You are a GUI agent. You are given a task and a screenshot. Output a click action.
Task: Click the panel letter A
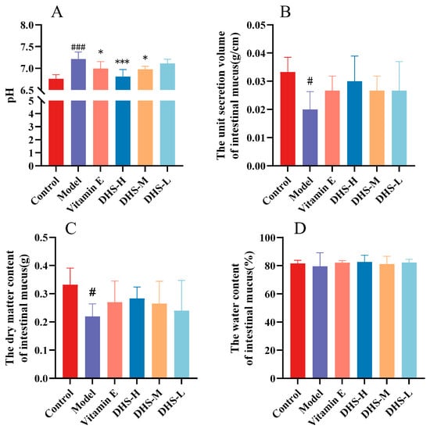coord(57,13)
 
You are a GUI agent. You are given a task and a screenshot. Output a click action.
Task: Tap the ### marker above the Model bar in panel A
coord(78,47)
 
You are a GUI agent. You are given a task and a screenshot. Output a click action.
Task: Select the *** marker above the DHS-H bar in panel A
coord(122,62)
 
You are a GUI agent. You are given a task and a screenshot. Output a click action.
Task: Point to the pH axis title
coord(11,95)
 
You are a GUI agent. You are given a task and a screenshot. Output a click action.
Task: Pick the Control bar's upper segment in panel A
coord(56,84)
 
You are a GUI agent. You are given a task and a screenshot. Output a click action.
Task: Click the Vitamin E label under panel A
coord(85,195)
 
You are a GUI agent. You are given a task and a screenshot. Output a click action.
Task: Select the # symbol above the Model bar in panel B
coord(310,81)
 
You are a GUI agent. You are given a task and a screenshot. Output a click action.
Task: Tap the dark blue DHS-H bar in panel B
coord(354,123)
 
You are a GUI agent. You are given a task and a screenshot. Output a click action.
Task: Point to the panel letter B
coord(285,13)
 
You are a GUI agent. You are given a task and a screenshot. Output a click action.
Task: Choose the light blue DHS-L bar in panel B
coord(399,128)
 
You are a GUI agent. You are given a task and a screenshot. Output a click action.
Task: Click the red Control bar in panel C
coord(70,331)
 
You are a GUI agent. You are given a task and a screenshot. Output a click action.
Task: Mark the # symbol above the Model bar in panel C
coord(92,292)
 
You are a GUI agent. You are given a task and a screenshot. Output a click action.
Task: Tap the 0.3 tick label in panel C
coord(41,294)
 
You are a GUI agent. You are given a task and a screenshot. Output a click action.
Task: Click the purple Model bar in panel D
coord(320,322)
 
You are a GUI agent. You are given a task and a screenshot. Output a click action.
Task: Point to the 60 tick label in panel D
coord(271,294)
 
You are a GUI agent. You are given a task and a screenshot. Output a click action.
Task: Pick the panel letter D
coord(300,228)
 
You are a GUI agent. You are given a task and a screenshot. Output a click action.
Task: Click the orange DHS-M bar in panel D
coord(387,321)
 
